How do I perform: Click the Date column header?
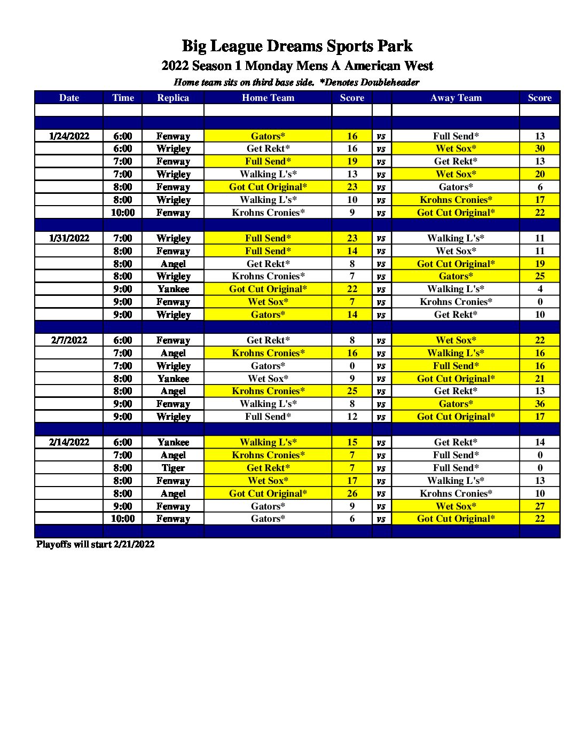[69, 98]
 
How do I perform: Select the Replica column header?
[173, 98]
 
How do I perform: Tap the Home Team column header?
[268, 98]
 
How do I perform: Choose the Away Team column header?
[456, 98]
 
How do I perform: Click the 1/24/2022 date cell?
[69, 136]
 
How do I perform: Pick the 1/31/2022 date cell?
[69, 238]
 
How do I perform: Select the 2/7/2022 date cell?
[69, 340]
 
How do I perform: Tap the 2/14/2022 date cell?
[69, 442]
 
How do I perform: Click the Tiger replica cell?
[173, 468]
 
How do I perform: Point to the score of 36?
[540, 404]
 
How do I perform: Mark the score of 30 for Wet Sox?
[540, 148]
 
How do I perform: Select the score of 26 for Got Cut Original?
[352, 493]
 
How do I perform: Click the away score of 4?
[540, 289]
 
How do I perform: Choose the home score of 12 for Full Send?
[352, 417]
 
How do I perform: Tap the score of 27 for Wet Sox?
[540, 506]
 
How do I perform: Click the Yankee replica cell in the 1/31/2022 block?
[173, 289]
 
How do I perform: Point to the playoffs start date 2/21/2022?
[134, 544]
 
